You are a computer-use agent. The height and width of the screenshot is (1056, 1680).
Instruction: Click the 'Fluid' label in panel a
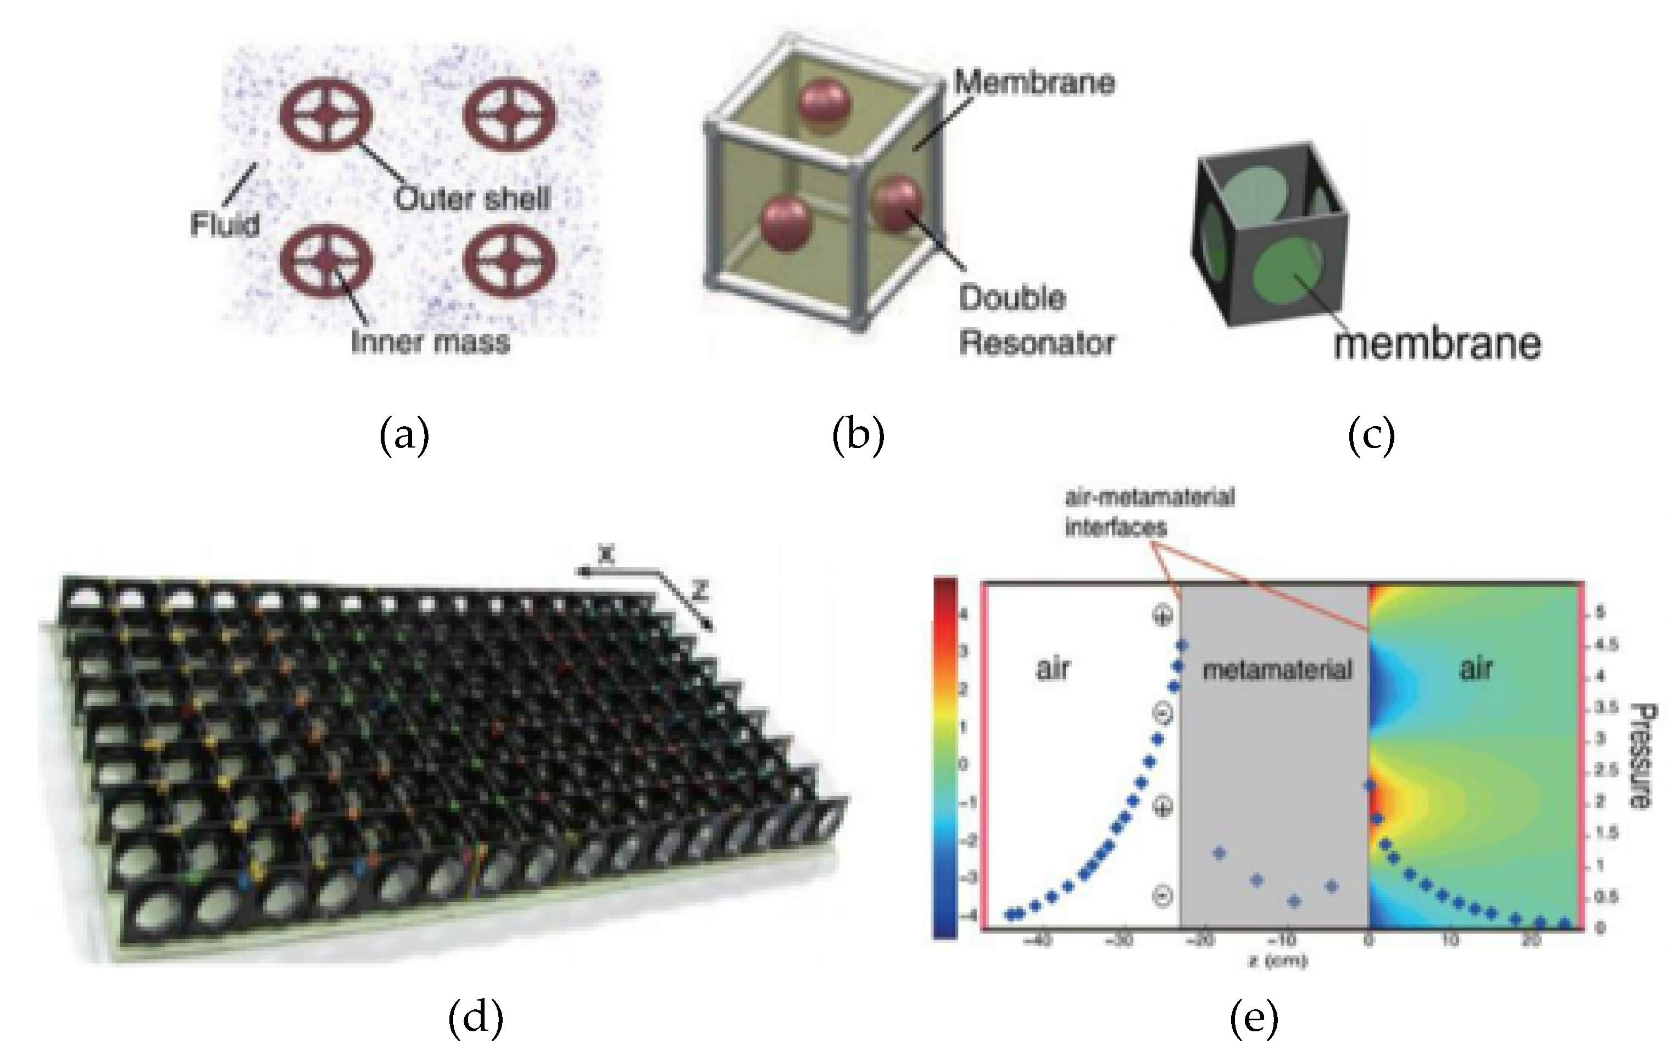(x=225, y=225)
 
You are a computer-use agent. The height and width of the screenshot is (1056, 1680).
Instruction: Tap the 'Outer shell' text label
(x=472, y=199)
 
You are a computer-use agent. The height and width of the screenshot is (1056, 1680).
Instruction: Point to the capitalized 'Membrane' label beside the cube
(x=1034, y=83)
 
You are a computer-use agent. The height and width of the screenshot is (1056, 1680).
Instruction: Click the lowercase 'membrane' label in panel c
(x=1437, y=344)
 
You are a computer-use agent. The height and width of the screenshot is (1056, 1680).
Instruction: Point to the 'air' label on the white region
(x=1053, y=668)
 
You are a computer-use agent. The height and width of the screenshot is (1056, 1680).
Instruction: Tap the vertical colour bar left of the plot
(x=945, y=757)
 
